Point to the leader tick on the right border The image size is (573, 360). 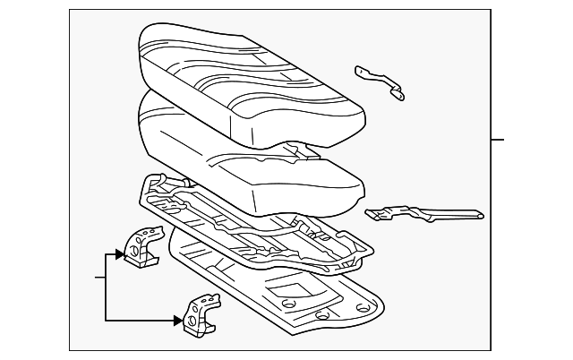pyautogui.click(x=498, y=140)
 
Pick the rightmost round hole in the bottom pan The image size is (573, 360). pyautogui.click(x=362, y=307)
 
